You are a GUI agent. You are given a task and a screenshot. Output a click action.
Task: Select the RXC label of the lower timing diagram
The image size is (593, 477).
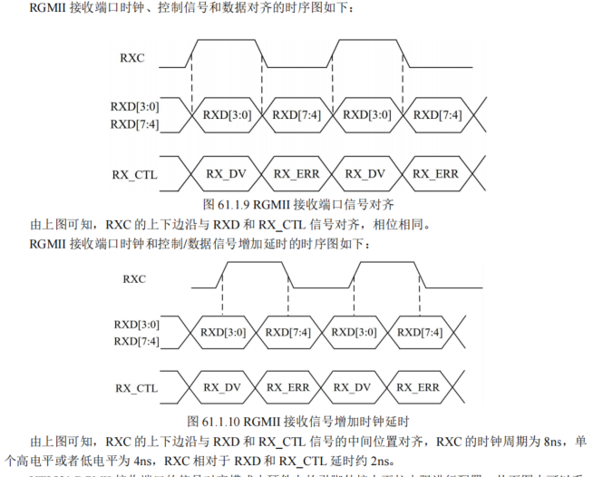(134, 278)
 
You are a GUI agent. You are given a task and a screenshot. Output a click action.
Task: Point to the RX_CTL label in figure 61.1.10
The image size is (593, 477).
(136, 387)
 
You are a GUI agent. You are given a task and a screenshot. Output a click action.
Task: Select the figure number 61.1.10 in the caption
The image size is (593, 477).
(219, 421)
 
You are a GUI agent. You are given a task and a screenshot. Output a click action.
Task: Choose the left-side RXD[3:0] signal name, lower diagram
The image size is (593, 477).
(136, 324)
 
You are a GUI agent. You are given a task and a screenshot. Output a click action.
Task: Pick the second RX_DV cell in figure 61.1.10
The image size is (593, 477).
(355, 387)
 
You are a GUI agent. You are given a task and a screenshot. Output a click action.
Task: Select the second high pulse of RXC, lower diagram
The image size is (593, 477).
(391, 263)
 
